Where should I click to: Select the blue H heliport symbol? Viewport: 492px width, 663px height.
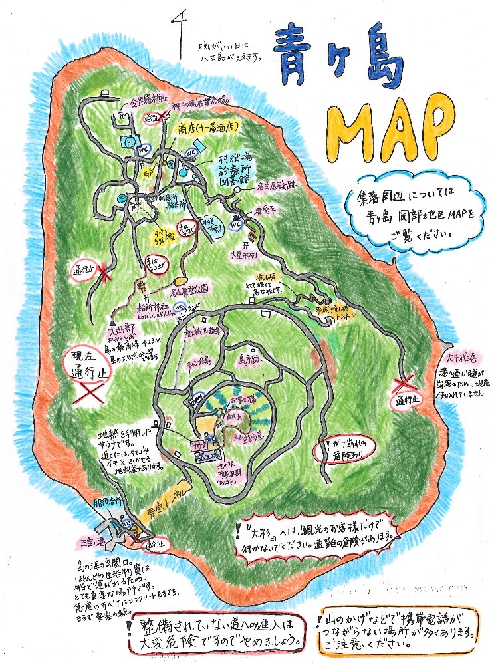[131, 142]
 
